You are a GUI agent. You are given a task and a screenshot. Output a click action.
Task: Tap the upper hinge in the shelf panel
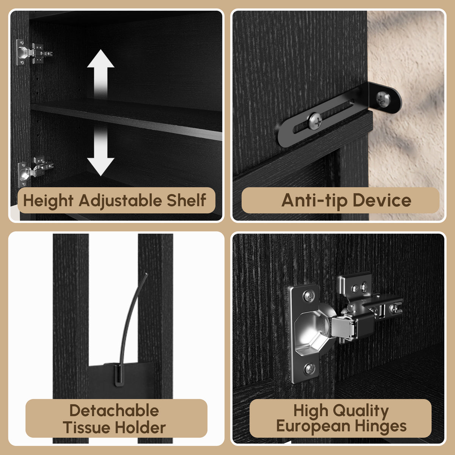(34, 53)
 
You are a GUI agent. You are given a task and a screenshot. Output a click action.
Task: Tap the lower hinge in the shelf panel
(35, 171)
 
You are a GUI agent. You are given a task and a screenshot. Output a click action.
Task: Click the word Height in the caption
(48, 201)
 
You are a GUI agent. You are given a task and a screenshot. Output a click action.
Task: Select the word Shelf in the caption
(187, 200)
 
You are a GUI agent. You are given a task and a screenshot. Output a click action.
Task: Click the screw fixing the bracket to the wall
(383, 99)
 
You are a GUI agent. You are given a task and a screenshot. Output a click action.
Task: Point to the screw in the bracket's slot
(315, 121)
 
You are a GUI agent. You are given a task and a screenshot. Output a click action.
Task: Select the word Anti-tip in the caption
(314, 201)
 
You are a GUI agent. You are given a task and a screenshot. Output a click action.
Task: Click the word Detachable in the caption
(114, 411)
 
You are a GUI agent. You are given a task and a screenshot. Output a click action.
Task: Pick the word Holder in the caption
(141, 427)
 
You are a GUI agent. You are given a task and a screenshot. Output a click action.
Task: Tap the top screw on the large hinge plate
(309, 296)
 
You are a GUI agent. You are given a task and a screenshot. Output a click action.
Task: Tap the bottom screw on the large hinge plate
(309, 369)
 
